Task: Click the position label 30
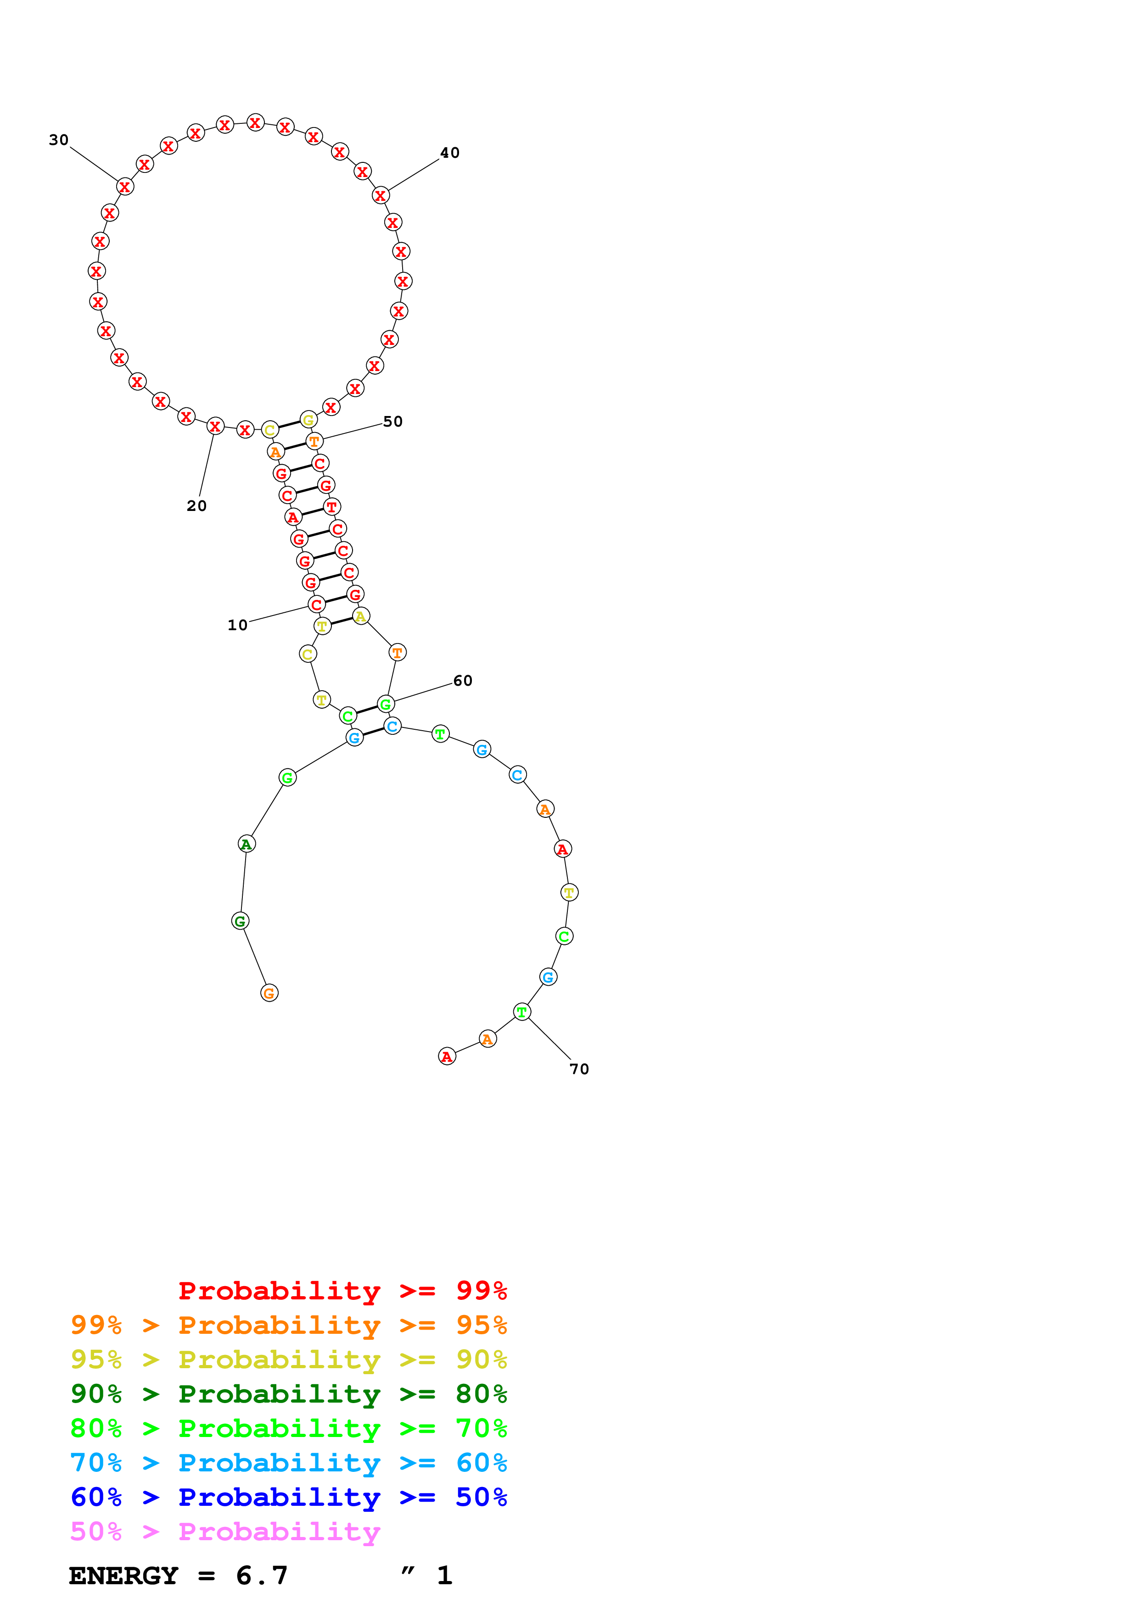coord(59,140)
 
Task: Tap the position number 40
coord(449,153)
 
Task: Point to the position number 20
coord(196,505)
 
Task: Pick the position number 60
coord(463,681)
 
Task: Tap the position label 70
coord(579,1069)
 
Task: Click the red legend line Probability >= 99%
coord(342,1290)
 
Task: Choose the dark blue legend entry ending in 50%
coord(288,1497)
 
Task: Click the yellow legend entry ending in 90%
coord(288,1359)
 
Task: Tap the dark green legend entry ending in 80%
coord(288,1394)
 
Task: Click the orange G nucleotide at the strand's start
coord(269,993)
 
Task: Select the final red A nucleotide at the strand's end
coord(447,1056)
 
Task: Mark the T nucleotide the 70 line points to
coord(521,1012)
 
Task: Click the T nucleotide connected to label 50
coord(314,442)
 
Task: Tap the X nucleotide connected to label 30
coord(125,187)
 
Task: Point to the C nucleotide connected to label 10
coord(317,604)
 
